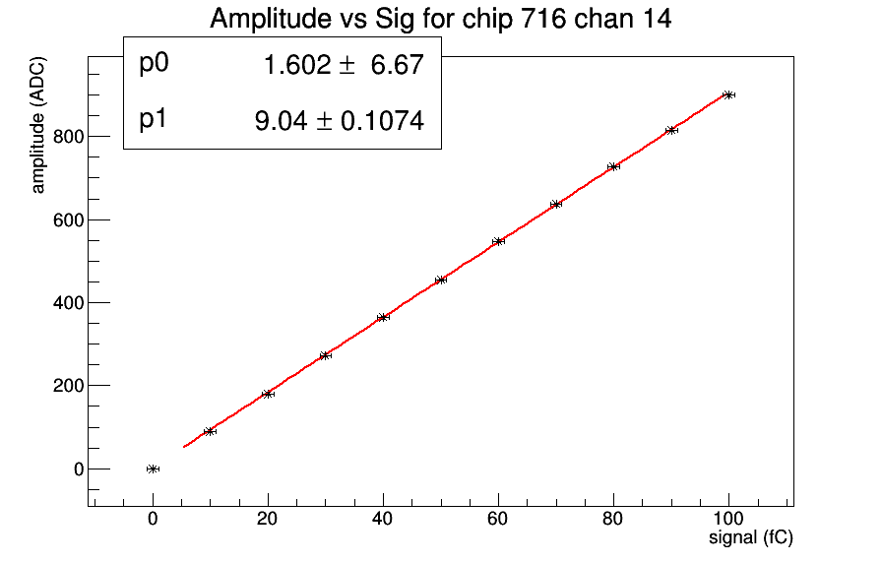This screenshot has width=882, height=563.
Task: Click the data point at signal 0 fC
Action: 153,469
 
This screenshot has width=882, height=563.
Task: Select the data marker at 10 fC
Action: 210,431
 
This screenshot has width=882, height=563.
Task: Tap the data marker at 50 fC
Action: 441,280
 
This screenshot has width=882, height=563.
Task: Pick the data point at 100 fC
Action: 728,94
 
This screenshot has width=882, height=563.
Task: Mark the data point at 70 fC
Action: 556,204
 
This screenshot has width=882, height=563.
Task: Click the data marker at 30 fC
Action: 326,355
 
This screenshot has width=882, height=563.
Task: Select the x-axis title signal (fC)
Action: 751,538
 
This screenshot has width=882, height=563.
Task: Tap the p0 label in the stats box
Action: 155,64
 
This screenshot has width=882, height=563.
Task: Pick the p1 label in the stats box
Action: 155,120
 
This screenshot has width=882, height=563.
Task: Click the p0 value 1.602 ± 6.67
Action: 343,66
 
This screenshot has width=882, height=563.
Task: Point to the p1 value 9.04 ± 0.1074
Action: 340,121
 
